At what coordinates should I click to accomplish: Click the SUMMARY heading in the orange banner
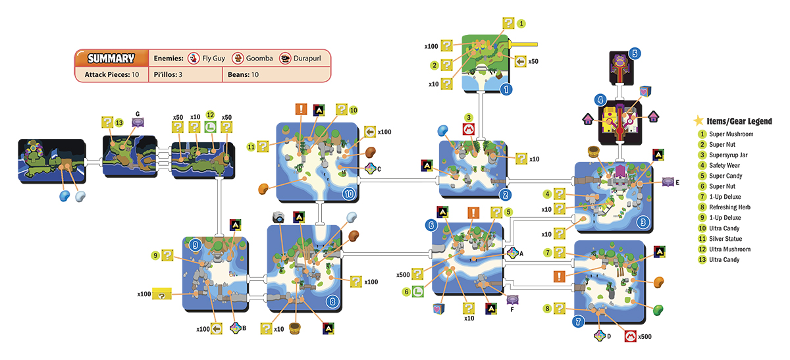click(x=111, y=58)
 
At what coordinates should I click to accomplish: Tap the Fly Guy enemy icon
click(x=194, y=58)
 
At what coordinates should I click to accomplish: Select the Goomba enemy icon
click(x=238, y=58)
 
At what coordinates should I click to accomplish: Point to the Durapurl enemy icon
click(x=285, y=58)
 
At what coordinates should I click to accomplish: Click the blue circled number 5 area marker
click(x=635, y=53)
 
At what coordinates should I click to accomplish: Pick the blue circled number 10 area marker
click(x=349, y=193)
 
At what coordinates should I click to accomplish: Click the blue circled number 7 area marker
click(x=579, y=322)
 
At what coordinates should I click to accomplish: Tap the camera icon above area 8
click(x=278, y=217)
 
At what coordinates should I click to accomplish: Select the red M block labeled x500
click(x=630, y=336)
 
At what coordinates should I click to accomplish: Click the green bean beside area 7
click(x=658, y=310)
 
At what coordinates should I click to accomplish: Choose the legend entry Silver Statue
click(x=725, y=239)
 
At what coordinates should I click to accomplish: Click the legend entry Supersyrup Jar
click(x=728, y=155)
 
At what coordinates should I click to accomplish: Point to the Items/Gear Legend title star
click(x=698, y=120)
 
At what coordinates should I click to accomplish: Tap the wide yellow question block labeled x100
click(x=162, y=294)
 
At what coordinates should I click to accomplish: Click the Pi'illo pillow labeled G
click(x=138, y=122)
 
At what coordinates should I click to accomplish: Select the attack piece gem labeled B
click(x=235, y=328)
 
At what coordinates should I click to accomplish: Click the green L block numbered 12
click(x=211, y=127)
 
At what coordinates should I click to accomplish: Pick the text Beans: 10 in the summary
click(x=243, y=75)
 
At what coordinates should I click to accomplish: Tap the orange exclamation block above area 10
click(x=301, y=109)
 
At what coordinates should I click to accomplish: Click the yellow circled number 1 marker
click(x=521, y=24)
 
